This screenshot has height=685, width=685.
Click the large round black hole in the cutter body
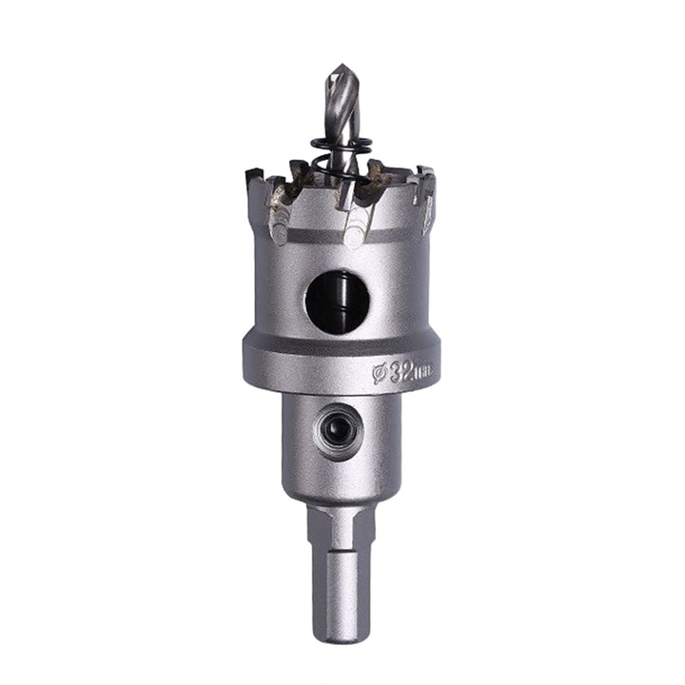337,302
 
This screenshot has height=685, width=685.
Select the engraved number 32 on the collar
401,371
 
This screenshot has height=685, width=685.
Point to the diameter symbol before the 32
379,375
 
